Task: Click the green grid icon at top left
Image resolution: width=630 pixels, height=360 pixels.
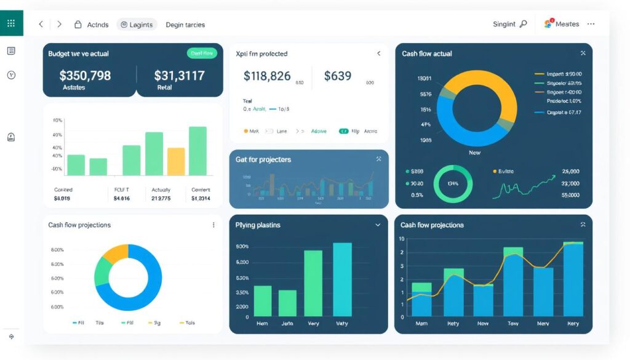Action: pos(11,23)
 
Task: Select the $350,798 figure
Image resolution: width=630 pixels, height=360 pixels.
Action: pos(85,76)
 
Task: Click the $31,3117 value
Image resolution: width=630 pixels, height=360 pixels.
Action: pos(179,76)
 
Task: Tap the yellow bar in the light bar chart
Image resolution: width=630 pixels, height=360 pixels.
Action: pos(176,161)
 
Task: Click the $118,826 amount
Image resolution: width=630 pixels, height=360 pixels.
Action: pos(267,76)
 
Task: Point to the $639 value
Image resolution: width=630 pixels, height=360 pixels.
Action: pos(338,76)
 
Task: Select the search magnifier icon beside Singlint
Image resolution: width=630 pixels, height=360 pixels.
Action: pos(524,24)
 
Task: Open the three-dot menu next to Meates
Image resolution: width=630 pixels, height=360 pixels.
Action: pos(591,24)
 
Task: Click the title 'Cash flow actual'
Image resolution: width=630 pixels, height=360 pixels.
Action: pos(427,54)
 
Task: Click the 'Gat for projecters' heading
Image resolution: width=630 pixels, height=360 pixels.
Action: pos(263,160)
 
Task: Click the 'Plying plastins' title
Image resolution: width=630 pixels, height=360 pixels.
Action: pos(258,225)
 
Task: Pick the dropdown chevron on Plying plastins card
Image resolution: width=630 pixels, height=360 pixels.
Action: pos(378,225)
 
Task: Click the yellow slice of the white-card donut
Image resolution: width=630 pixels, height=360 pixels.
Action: pos(114,254)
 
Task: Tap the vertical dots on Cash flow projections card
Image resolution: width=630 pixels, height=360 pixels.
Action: pos(213,225)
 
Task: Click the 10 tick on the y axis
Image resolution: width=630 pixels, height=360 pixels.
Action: pos(402,239)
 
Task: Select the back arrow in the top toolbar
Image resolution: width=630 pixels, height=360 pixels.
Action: pos(41,25)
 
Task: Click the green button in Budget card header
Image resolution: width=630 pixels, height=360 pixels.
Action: pos(202,54)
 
